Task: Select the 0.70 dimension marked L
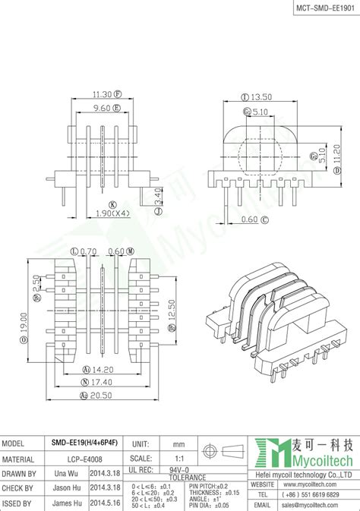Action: coord(88,250)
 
